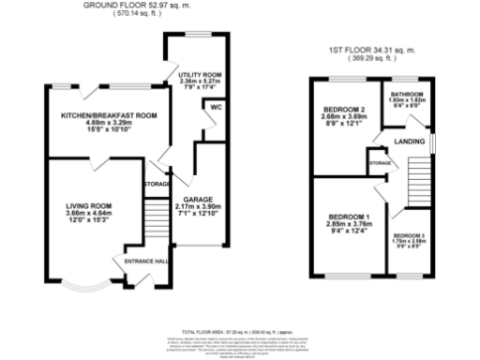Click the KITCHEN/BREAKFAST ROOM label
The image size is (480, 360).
click(108, 115)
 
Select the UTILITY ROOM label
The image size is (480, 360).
click(199, 73)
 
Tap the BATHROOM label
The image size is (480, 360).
click(409, 96)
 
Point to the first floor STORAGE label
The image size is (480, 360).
click(380, 163)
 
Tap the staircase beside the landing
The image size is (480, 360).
click(419, 183)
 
